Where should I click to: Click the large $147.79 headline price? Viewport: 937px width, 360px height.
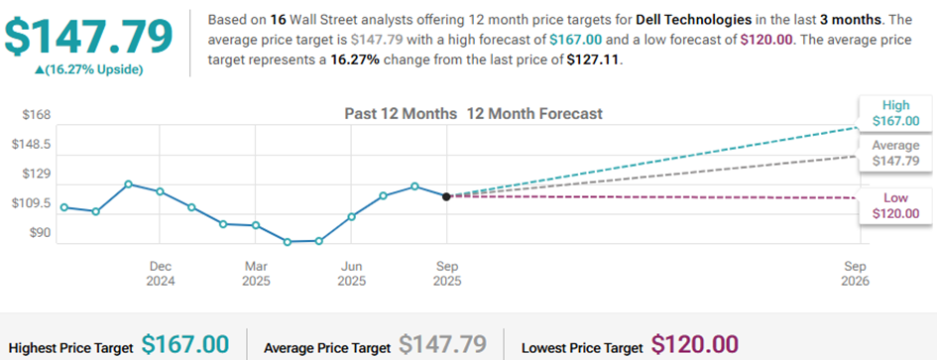click(x=88, y=37)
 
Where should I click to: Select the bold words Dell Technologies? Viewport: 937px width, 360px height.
click(x=694, y=20)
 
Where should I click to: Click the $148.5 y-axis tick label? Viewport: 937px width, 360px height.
click(x=30, y=145)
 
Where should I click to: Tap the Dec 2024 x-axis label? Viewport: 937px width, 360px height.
click(x=161, y=274)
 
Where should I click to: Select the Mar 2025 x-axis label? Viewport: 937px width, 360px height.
click(x=256, y=274)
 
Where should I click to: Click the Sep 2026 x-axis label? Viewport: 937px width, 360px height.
click(x=856, y=274)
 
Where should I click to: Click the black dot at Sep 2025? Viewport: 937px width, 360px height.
click(x=446, y=196)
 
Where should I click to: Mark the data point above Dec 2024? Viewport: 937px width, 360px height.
click(x=160, y=191)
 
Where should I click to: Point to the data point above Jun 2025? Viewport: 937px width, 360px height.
click(x=351, y=216)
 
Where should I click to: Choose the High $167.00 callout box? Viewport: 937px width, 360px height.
click(x=894, y=114)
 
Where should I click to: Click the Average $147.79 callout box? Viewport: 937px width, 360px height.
click(x=895, y=153)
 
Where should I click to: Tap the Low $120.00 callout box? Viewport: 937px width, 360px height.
click(x=895, y=206)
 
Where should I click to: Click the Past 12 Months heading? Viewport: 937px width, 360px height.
click(x=401, y=114)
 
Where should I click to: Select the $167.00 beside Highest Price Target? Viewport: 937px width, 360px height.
click(x=185, y=345)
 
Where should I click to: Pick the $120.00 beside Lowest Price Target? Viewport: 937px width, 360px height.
click(x=695, y=345)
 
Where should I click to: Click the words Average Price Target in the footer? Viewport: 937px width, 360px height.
click(x=327, y=348)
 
